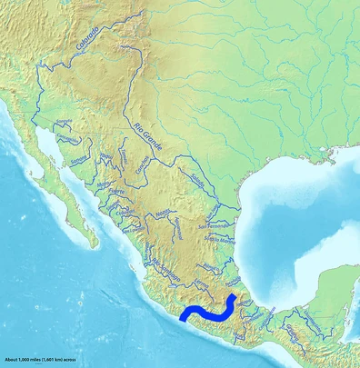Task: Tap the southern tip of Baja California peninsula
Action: click(95, 243)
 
